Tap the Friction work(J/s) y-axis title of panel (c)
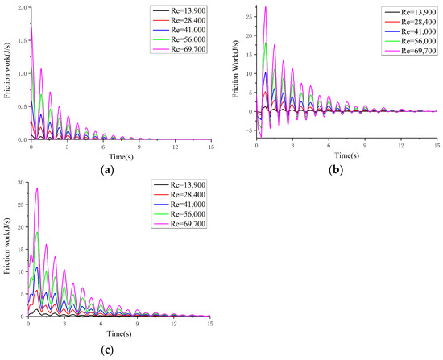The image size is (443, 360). [6, 250]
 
